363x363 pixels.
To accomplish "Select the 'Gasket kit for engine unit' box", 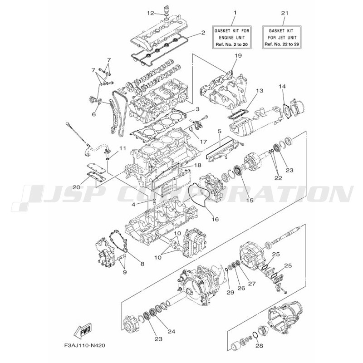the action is (232, 37).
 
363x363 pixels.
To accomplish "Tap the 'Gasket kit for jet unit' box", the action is (281, 37).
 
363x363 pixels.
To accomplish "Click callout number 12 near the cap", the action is (151, 13).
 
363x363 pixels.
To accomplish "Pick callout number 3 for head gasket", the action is (197, 109).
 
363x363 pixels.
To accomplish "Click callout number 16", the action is (215, 219).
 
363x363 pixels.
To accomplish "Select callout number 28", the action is (259, 346).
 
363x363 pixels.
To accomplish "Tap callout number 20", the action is (76, 187).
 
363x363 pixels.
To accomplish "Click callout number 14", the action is (282, 86).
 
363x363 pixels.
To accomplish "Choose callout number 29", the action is (231, 293).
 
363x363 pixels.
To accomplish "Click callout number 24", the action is (172, 331).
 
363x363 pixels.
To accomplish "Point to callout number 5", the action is (219, 131).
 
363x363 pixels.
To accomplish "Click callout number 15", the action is (250, 200).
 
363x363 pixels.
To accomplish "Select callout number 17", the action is (203, 141).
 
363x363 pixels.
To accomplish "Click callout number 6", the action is (94, 114).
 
